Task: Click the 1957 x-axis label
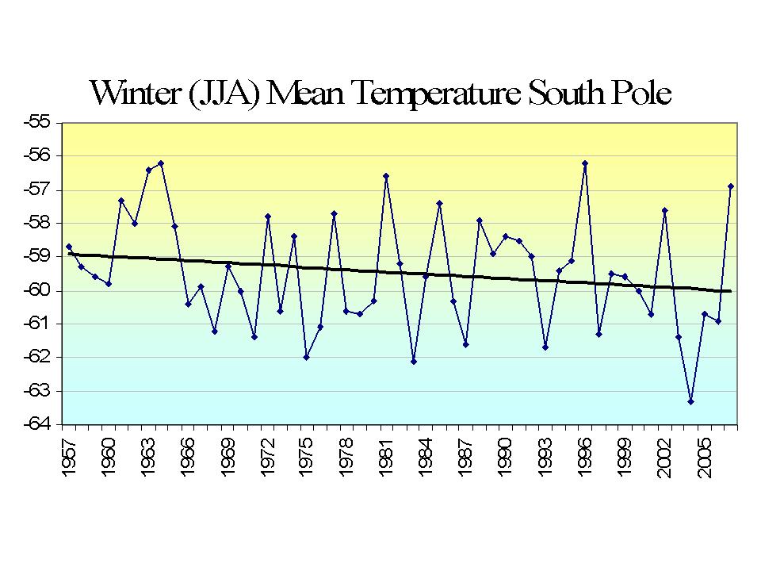69,460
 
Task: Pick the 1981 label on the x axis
387,460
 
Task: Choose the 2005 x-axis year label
705,460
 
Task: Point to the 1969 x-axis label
228,460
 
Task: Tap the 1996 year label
585,460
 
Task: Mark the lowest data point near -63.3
691,401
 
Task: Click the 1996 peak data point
585,163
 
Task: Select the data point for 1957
69,247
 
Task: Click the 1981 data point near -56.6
386,176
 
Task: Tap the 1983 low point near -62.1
413,361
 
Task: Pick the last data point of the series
731,186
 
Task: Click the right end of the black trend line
730,291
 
